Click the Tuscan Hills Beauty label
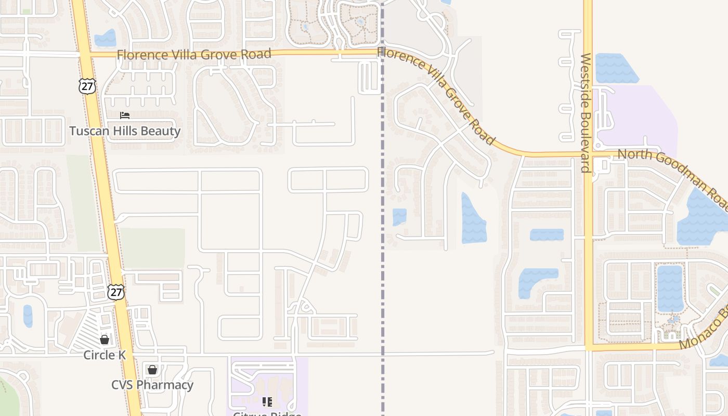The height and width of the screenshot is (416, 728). click(125, 131)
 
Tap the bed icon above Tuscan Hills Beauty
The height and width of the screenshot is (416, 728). click(125, 115)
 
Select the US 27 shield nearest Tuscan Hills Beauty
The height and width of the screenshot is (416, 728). click(87, 86)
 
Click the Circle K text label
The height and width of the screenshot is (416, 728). click(105, 355)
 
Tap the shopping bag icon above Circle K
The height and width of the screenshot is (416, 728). click(105, 340)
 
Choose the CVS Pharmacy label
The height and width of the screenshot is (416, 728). click(152, 385)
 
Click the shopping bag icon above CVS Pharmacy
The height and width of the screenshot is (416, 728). click(152, 370)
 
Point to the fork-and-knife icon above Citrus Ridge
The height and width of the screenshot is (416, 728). click(267, 401)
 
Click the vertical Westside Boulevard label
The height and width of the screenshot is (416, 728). click(586, 112)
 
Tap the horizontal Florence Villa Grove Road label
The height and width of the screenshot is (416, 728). click(194, 54)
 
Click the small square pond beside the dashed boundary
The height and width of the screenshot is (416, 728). click(399, 217)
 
